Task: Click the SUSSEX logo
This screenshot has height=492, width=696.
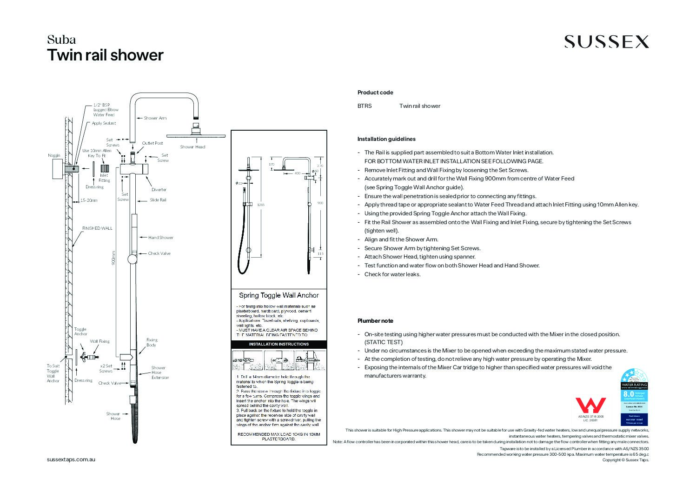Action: point(606,42)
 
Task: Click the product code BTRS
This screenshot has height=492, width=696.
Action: point(365,106)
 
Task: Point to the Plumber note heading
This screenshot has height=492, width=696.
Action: point(375,321)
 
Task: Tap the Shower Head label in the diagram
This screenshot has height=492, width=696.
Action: point(192,147)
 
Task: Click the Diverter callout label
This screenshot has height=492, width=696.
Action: point(159,190)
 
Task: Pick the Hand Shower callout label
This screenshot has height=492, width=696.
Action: point(161,238)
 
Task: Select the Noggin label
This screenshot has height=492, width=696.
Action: point(54,155)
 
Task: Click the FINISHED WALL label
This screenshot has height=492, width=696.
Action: point(97,228)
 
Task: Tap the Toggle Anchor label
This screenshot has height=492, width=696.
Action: point(80,332)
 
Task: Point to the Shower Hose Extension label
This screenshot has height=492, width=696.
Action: point(159,372)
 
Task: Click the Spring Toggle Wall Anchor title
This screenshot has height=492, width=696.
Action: point(279,295)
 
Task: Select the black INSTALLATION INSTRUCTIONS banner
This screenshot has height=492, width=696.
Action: point(279,344)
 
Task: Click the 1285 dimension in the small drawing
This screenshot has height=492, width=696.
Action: point(261,205)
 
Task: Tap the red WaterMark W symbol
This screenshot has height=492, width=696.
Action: point(590,406)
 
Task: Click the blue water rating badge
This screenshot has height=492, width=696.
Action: point(634,397)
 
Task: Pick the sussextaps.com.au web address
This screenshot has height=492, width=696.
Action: point(71,459)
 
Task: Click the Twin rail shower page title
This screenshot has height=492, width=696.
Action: point(106,55)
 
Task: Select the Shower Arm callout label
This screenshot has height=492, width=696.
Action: point(155,118)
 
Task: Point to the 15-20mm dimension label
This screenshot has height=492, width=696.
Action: point(89,200)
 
